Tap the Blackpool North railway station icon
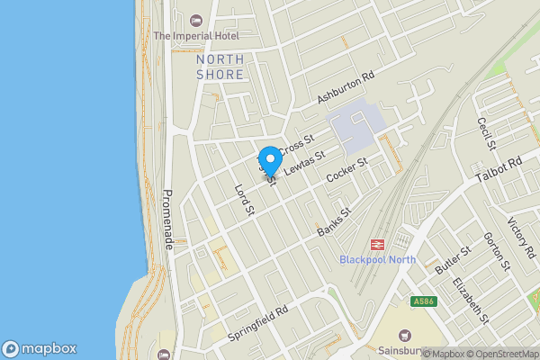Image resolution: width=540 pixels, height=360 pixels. tap(376, 244)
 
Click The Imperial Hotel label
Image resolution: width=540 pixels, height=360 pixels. tap(195, 35)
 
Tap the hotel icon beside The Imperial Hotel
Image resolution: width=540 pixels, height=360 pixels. tap(197, 20)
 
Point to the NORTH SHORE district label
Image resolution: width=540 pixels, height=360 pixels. tap(220, 67)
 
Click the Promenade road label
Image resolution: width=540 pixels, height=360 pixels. tap(167, 220)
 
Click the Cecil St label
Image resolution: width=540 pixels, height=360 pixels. tap(487, 133)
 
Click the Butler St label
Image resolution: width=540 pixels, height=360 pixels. tap(453, 261)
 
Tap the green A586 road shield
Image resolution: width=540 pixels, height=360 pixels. tap(425, 301)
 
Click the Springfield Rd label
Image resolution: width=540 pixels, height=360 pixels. tap(258, 321)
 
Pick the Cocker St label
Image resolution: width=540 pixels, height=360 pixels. tap(347, 172)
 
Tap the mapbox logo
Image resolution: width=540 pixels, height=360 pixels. tap(40, 348)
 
